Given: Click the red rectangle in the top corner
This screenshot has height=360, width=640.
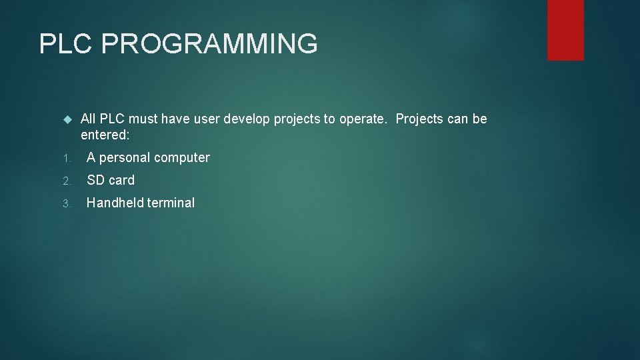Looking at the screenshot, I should click(x=565, y=30).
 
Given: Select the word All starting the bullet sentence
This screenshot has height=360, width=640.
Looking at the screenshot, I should click(x=89, y=119).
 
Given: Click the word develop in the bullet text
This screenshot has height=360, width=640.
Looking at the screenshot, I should click(x=246, y=119).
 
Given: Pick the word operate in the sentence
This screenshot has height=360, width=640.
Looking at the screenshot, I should click(x=364, y=119).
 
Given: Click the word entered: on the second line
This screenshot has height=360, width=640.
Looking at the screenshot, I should click(x=105, y=135).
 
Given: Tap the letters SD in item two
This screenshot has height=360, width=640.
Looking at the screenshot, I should click(x=95, y=181).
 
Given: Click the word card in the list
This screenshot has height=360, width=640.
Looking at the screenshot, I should click(x=121, y=181).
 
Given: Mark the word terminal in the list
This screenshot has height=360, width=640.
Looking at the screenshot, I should click(x=170, y=203).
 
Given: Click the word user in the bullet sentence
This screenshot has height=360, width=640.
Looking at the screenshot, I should click(x=208, y=119).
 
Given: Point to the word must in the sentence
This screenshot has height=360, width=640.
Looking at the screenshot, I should click(x=143, y=119).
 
